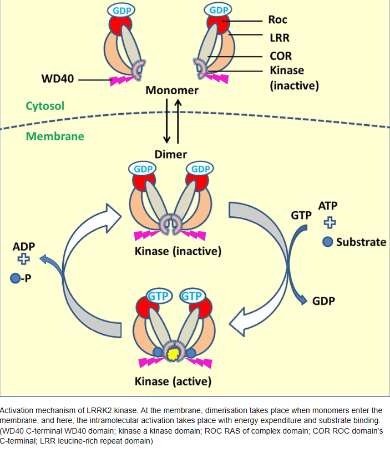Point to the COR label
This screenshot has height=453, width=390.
[x=280, y=56]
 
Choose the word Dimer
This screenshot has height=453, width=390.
[x=170, y=155]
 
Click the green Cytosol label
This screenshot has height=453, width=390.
[x=45, y=105]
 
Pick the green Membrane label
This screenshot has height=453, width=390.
[x=54, y=136]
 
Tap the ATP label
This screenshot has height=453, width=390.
[x=328, y=206]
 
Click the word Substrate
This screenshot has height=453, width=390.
[x=361, y=242]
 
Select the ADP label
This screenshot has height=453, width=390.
[x=24, y=244]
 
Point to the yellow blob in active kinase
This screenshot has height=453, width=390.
[x=174, y=352]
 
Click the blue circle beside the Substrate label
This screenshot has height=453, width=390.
[x=328, y=242]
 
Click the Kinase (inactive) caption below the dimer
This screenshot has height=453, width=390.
[x=178, y=251]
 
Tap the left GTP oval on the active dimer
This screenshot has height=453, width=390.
[x=159, y=295]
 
